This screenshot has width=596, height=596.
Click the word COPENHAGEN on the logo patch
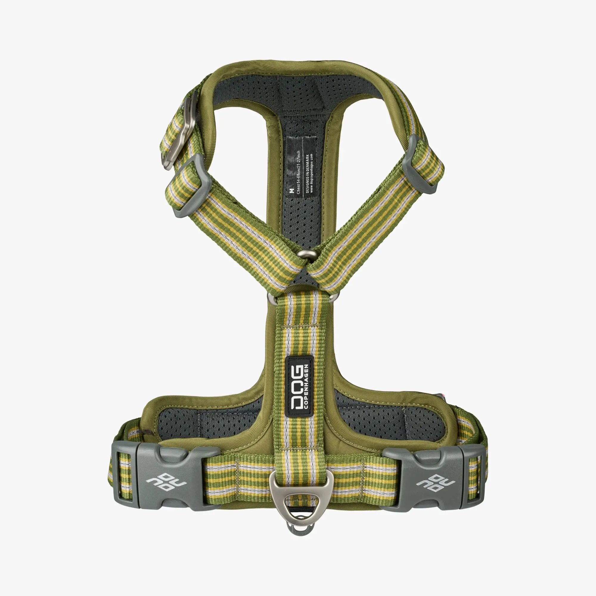(x=306, y=387)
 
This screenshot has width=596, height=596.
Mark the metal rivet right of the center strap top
(x=333, y=297)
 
